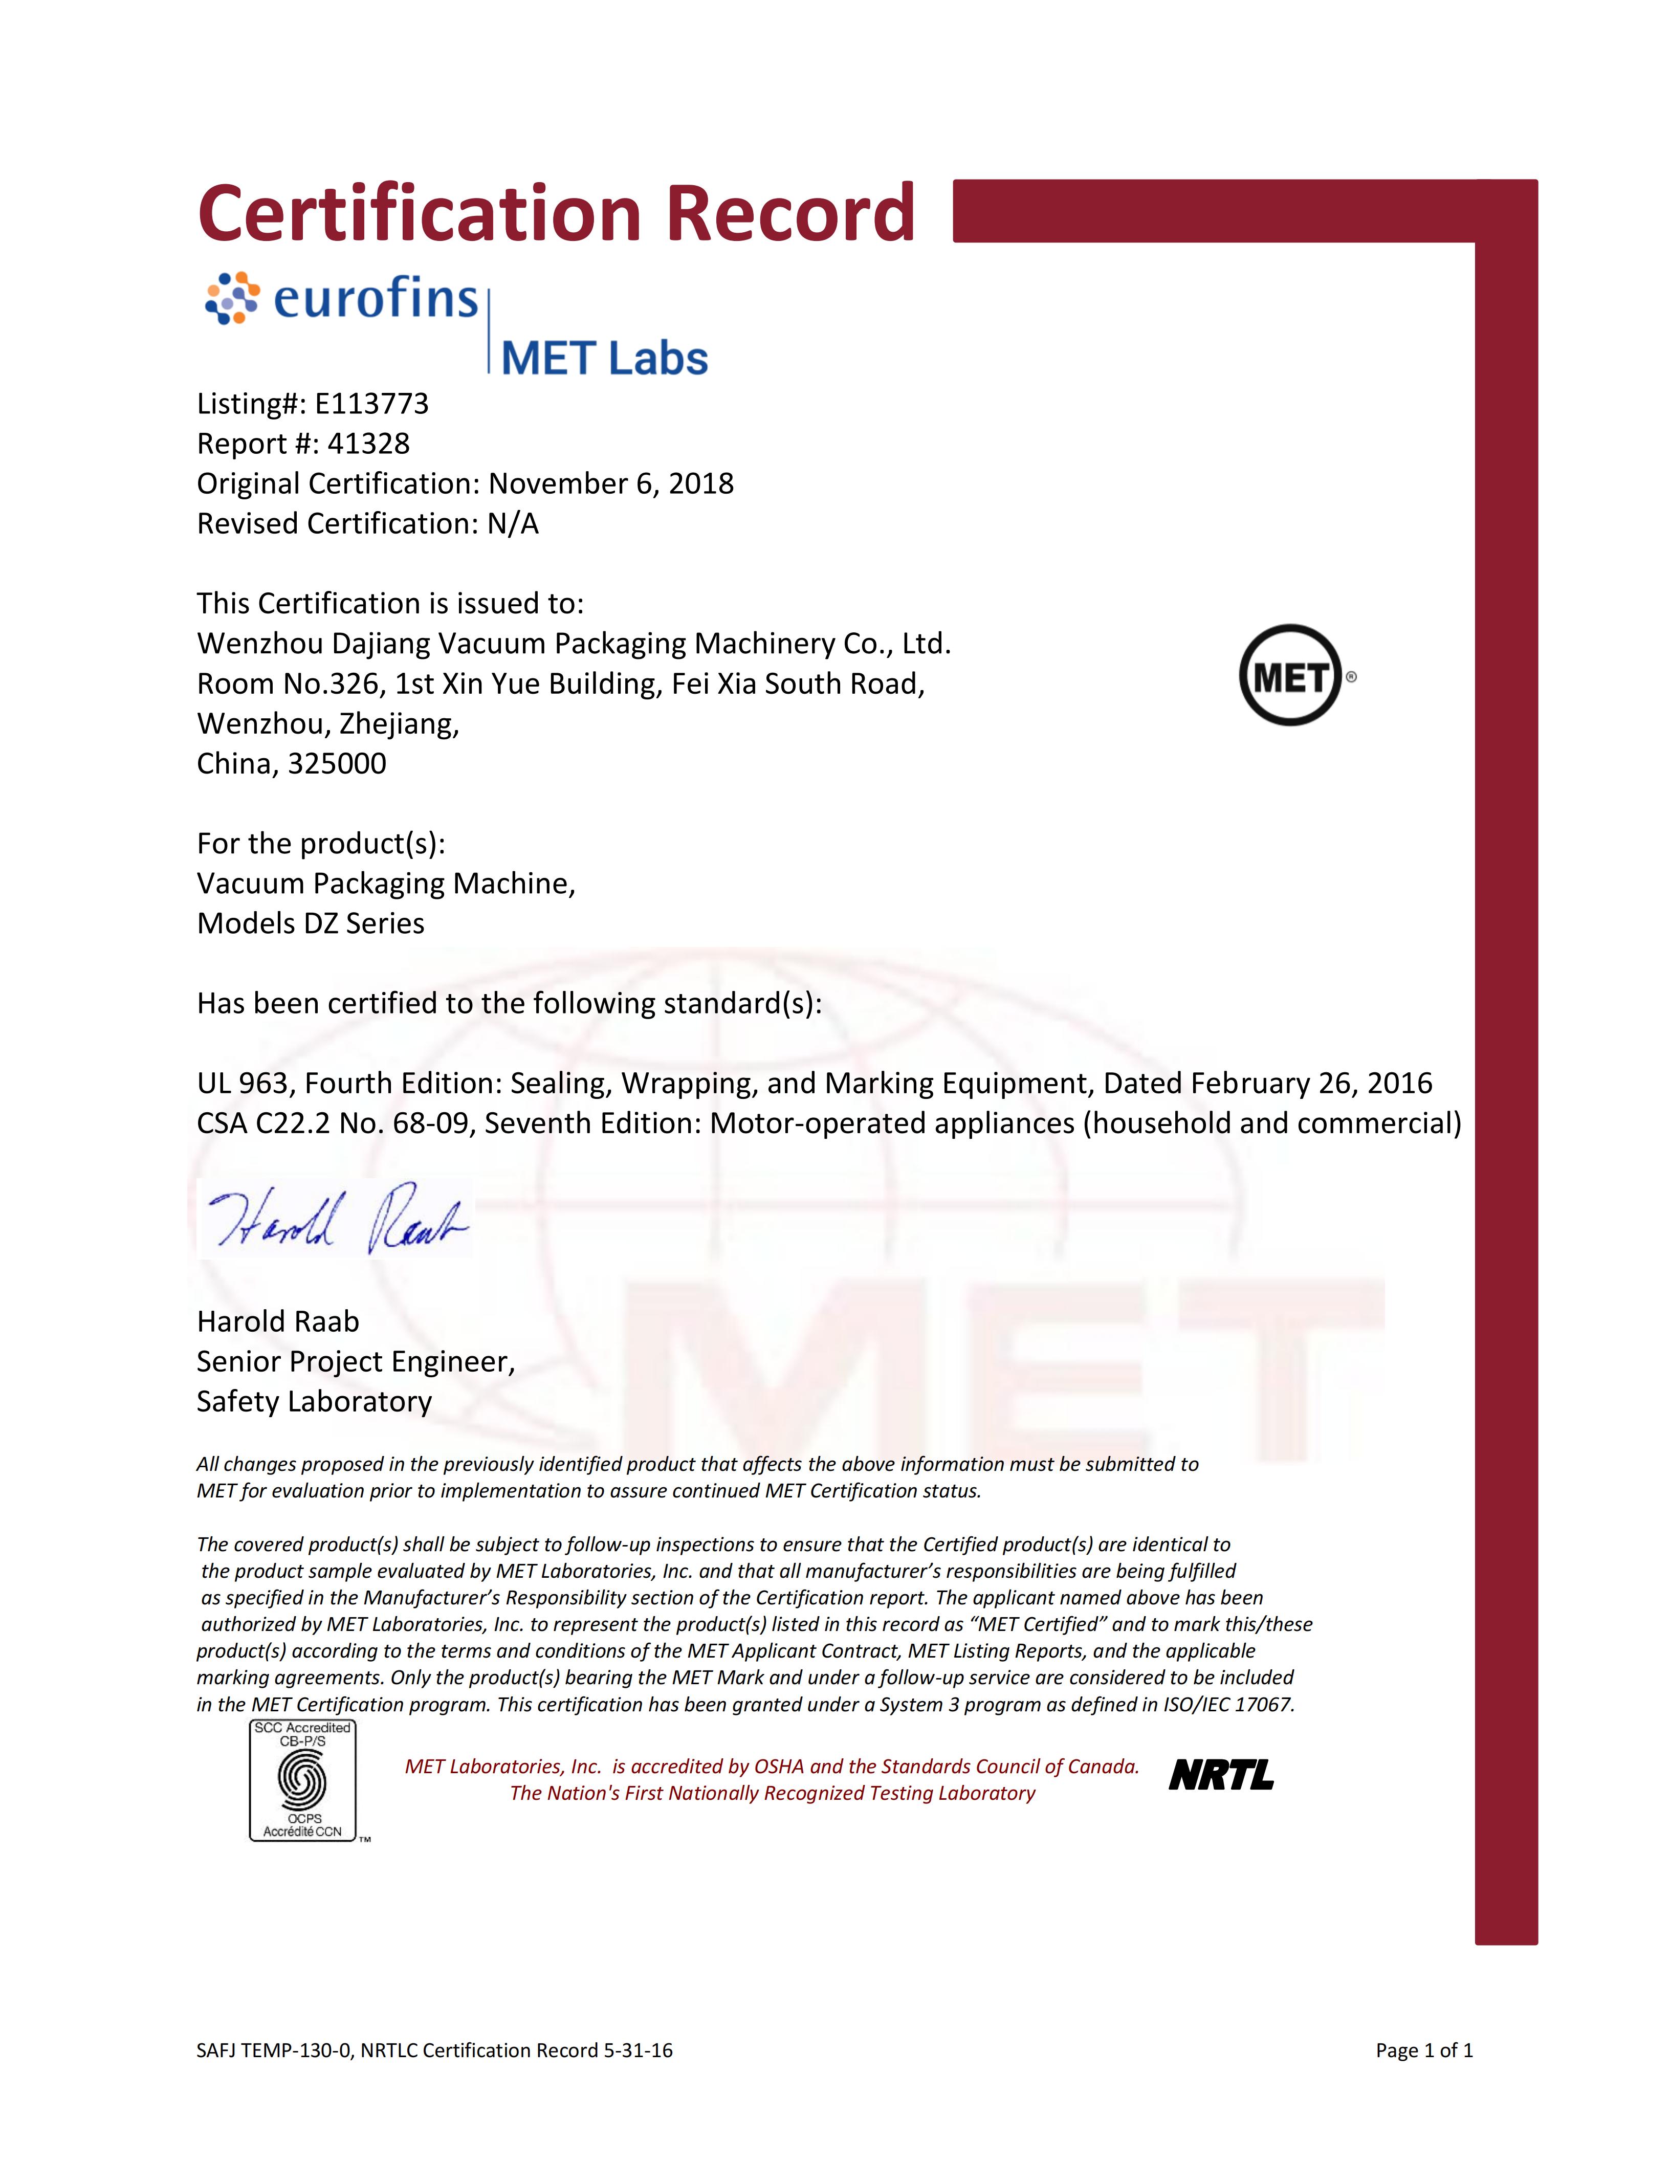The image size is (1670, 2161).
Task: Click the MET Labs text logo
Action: (x=604, y=358)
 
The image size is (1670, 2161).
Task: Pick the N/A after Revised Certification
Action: (x=513, y=523)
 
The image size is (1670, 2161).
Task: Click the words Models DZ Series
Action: (x=311, y=923)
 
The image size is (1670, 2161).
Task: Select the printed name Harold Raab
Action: (x=278, y=1322)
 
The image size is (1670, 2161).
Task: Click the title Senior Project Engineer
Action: (x=355, y=1362)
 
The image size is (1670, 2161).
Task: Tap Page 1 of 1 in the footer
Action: (x=1424, y=2050)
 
